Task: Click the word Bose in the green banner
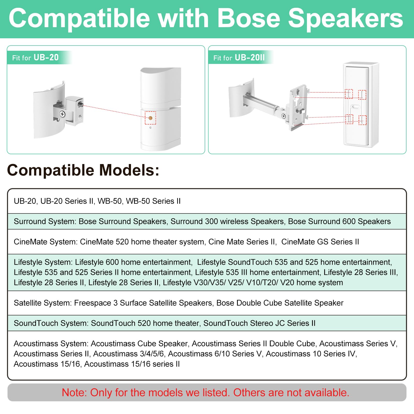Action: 249,18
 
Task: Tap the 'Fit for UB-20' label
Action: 35,57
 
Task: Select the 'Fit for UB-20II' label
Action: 239,57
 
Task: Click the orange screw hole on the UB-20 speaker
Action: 150,118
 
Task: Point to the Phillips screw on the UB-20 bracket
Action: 62,114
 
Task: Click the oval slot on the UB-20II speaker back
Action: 356,106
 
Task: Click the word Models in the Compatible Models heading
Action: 129,170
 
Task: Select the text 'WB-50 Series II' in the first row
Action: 153,201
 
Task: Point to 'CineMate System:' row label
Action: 46,242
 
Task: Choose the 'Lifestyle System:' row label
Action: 43,262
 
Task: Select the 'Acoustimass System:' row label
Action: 51,344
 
